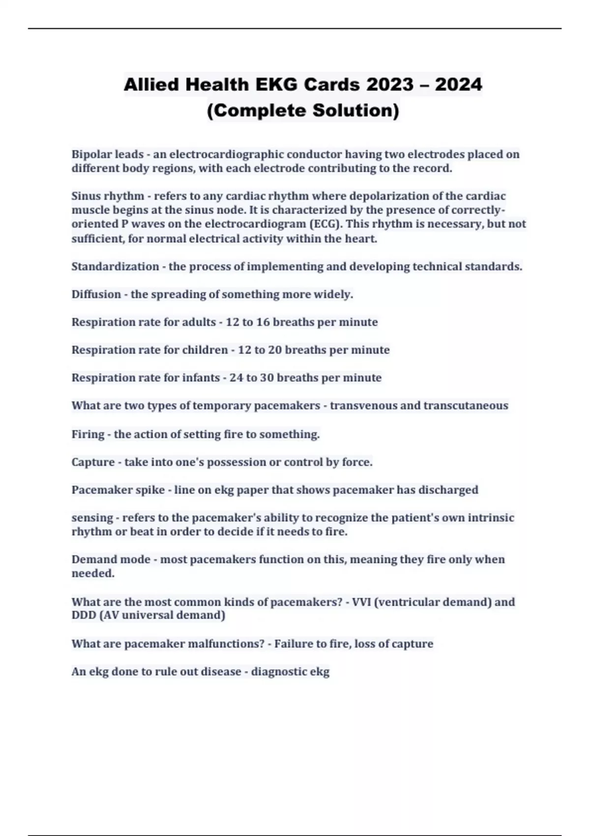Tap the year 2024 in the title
(x=458, y=85)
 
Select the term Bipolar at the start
(x=91, y=154)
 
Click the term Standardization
(x=115, y=267)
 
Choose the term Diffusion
(x=96, y=295)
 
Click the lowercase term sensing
(x=92, y=518)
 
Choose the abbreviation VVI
(x=361, y=602)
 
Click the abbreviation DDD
(x=84, y=615)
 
